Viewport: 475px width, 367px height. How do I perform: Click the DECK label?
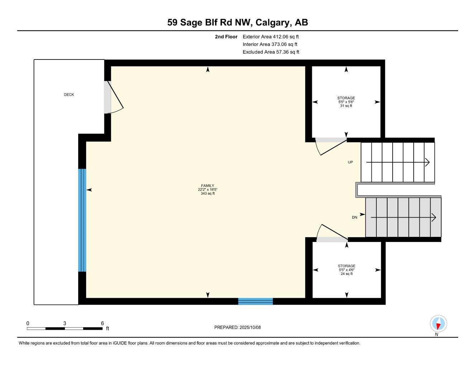[x=69, y=95]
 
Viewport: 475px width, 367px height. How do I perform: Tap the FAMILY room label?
[x=208, y=186]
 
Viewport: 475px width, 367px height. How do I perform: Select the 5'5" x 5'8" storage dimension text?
[x=346, y=102]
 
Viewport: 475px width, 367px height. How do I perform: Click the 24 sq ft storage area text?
[x=346, y=274]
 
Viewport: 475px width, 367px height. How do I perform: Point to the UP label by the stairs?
[x=350, y=162]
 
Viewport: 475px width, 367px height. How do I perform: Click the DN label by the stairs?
[x=354, y=218]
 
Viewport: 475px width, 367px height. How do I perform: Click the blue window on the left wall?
[x=82, y=220]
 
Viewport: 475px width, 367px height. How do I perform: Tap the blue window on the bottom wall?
[x=255, y=301]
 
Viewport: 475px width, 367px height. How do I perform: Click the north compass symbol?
[x=438, y=324]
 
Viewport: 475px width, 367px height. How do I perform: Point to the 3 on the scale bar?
[x=65, y=323]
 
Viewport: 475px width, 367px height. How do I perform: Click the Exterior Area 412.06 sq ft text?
[x=271, y=37]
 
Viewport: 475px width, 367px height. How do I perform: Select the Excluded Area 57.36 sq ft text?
[x=271, y=52]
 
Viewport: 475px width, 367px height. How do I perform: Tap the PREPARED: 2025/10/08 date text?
[x=237, y=327]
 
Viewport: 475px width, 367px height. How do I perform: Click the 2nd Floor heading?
[x=226, y=37]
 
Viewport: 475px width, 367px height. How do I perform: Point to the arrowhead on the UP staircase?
[x=427, y=162]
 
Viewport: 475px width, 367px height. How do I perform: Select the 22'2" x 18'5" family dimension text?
[x=208, y=190]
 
